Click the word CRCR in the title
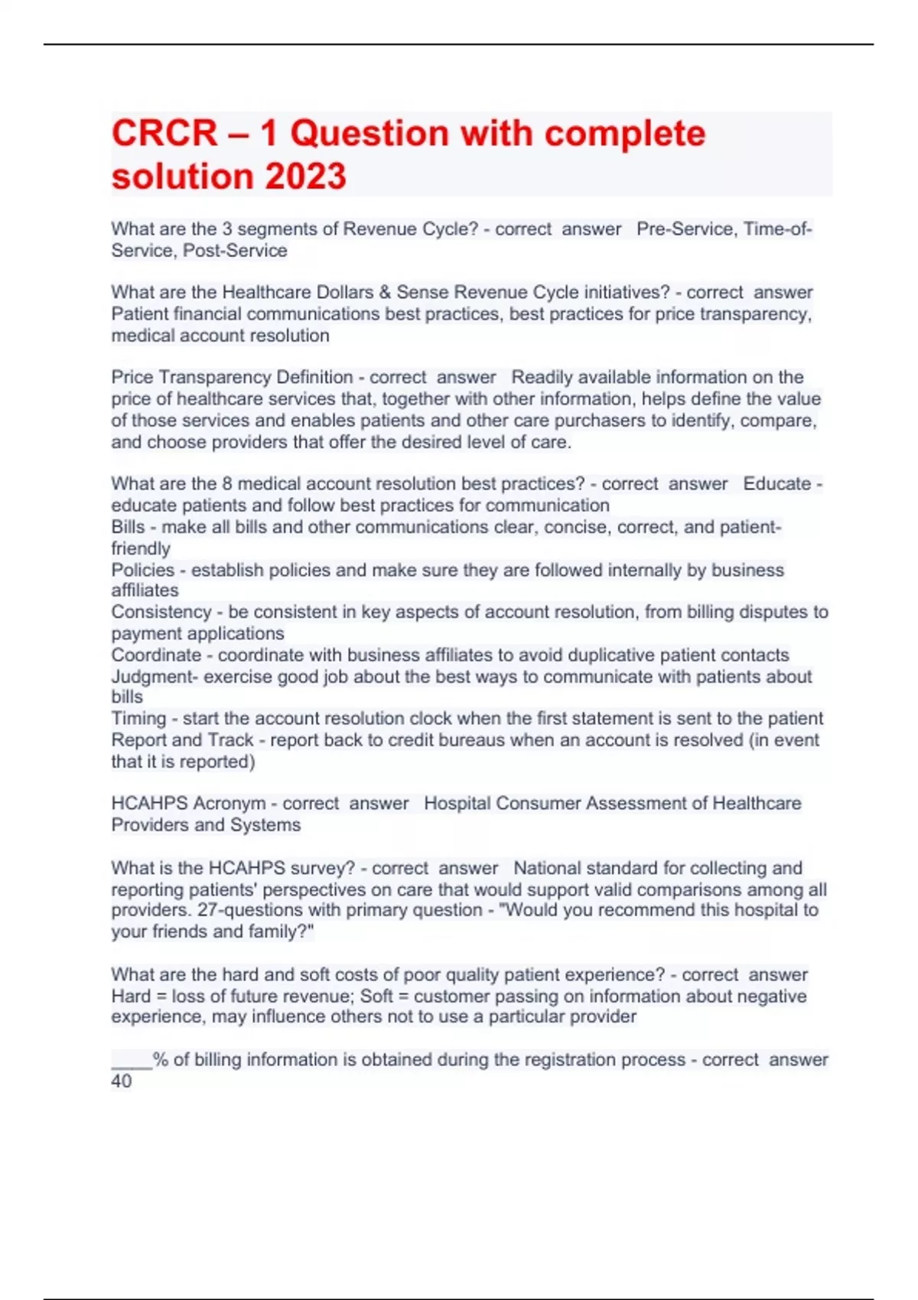(x=164, y=134)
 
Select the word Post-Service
(x=235, y=251)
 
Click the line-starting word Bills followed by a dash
(x=128, y=527)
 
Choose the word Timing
(x=138, y=719)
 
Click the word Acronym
(x=229, y=804)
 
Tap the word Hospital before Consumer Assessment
(x=457, y=804)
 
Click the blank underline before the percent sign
(x=132, y=1064)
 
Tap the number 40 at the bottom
(x=122, y=1081)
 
